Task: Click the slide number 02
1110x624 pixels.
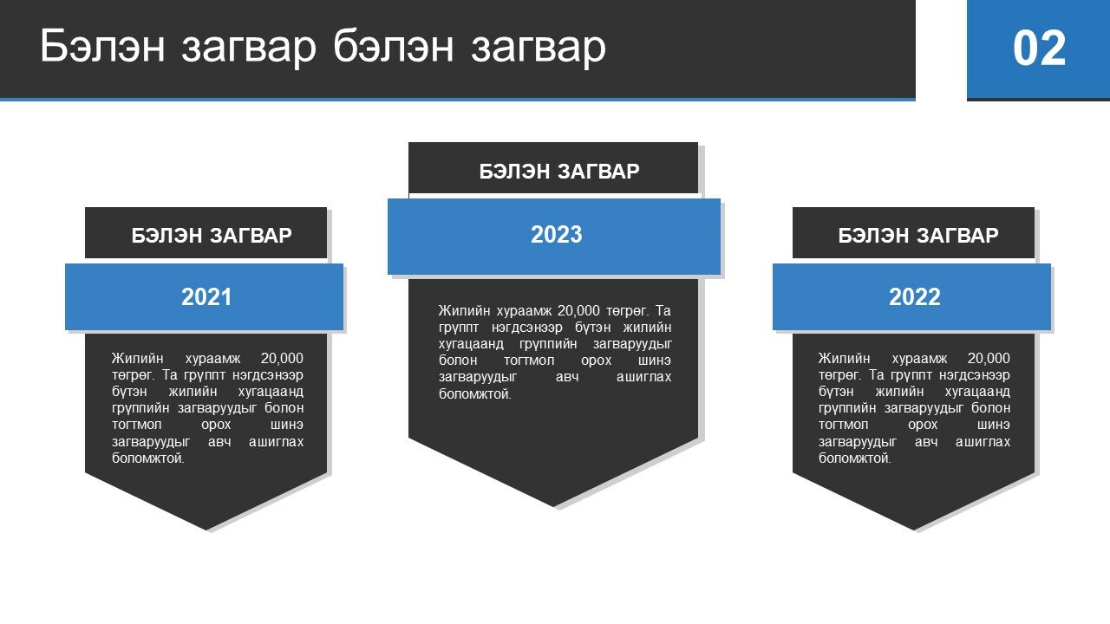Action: point(1039,48)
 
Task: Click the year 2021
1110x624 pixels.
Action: point(206,297)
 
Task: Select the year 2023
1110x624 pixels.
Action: point(556,235)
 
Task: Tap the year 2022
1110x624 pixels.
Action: point(914,297)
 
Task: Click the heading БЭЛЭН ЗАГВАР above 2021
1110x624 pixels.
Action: point(212,236)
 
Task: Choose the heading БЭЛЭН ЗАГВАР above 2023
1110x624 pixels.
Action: point(559,172)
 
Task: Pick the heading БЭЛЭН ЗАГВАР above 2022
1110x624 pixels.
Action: point(918,236)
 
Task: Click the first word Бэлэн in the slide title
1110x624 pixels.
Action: point(102,46)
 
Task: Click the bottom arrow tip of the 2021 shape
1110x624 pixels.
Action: point(206,530)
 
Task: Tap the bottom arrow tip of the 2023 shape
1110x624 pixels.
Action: point(553,507)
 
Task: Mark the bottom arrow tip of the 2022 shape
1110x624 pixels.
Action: point(914,530)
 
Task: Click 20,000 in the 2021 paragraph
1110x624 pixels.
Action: point(282,359)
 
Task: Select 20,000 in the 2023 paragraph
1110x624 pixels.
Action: point(578,311)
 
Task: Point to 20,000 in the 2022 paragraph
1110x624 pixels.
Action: point(989,359)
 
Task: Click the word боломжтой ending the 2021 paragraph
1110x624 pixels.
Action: point(147,458)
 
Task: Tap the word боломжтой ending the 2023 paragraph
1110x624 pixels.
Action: point(474,394)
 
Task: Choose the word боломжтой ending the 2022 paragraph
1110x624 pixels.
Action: point(854,458)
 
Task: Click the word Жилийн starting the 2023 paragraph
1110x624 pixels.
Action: point(464,311)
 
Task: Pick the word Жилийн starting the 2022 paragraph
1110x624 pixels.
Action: point(844,359)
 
